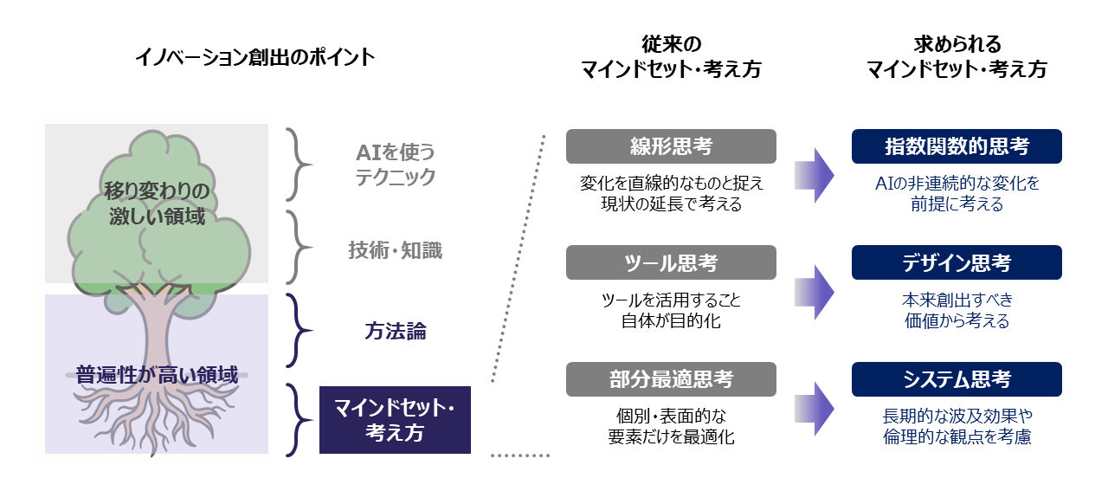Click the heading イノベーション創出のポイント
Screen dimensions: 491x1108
255,57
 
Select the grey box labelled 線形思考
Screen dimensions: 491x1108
671,146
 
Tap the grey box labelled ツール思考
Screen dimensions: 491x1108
671,262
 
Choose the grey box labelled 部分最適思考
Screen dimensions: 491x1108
671,379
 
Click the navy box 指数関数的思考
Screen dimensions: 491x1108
957,146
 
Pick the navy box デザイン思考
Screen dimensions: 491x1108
957,262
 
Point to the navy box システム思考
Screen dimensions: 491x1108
957,379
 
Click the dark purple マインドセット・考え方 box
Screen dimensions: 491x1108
395,420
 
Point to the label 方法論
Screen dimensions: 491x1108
395,332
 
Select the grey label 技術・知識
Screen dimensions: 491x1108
395,251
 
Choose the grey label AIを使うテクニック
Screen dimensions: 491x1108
395,165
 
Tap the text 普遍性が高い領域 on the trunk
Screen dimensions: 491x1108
157,375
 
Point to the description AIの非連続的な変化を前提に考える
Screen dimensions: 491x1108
957,194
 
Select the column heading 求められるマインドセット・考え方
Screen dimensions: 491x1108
957,57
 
